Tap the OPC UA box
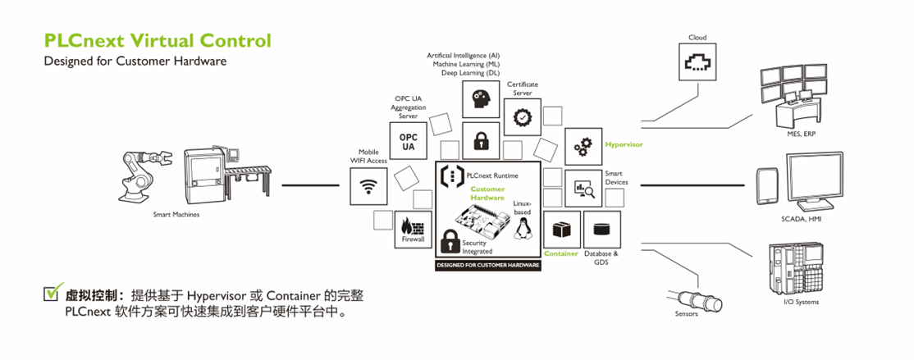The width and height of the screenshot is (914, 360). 408,141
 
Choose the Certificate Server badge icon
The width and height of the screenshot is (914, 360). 522,118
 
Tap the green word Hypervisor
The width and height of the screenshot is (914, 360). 624,144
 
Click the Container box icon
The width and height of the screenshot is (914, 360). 562,229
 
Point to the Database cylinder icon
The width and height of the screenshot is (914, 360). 601,229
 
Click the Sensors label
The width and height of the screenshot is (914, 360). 686,314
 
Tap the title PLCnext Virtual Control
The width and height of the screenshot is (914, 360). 157,40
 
